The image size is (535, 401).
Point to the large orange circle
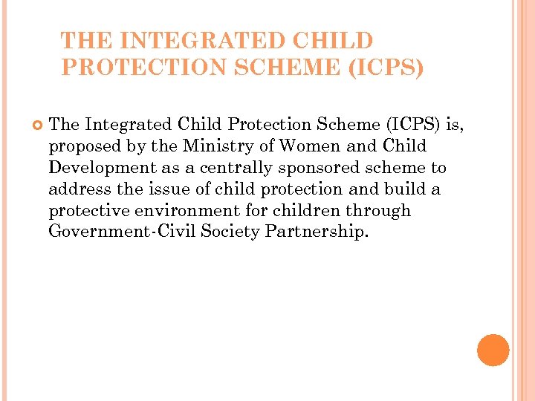pyautogui.click(x=493, y=350)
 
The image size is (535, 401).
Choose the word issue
pyautogui.click(x=173, y=189)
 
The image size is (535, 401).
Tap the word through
pyautogui.click(x=380, y=210)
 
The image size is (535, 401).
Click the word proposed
pyautogui.click(x=84, y=146)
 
